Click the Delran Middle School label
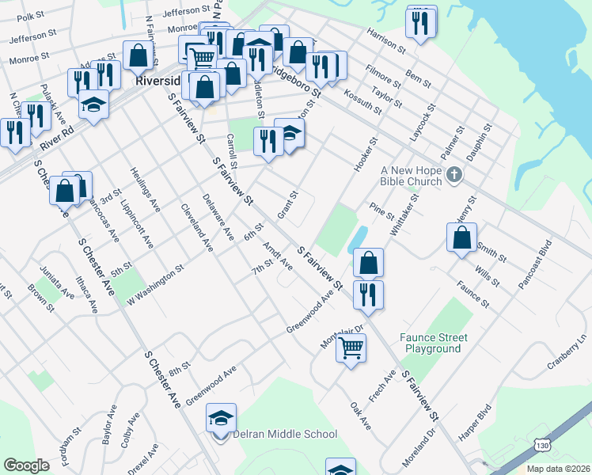pyautogui.click(x=286, y=434)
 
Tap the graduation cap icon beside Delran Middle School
pyautogui.click(x=222, y=417)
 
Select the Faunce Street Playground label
pyautogui.click(x=433, y=343)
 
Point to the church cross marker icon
pyautogui.click(x=454, y=174)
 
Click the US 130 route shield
pyautogui.click(x=541, y=446)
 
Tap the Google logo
pyautogui.click(x=26, y=465)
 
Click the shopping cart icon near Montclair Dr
pyautogui.click(x=351, y=347)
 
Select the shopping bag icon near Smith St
pyautogui.click(x=461, y=237)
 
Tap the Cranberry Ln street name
pyautogui.click(x=569, y=352)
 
